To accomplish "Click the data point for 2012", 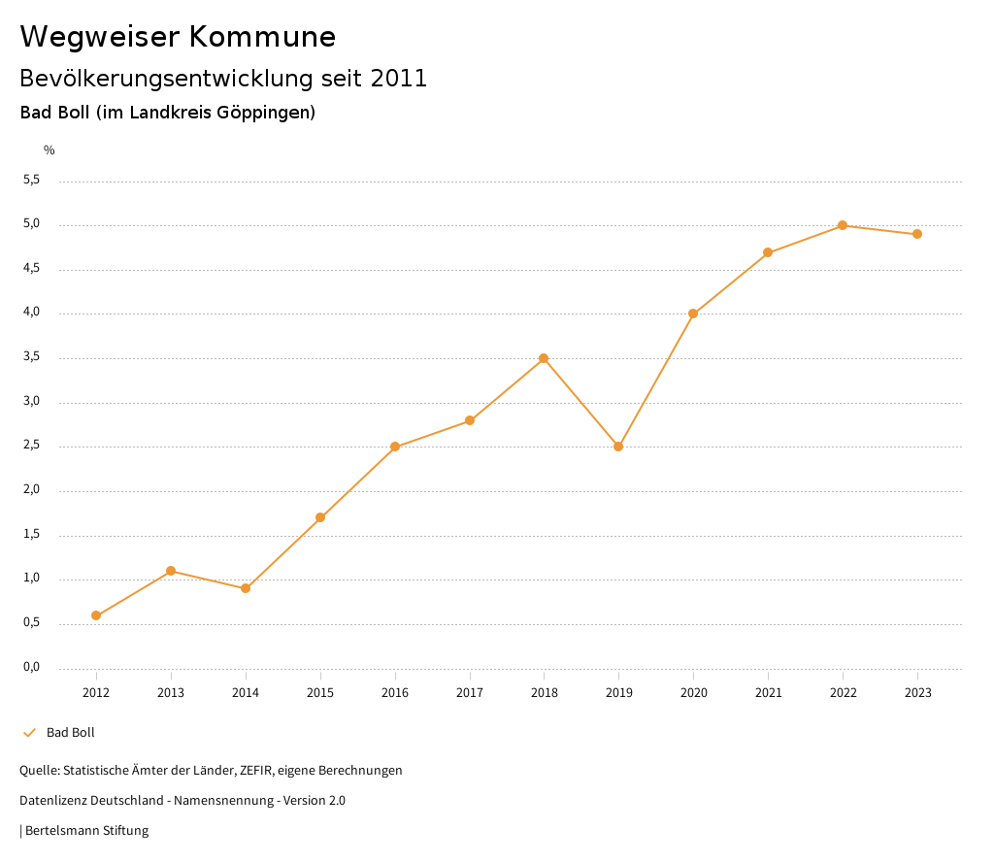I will tap(96, 615).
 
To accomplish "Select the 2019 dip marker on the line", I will tap(618, 447).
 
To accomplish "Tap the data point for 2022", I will tap(843, 225).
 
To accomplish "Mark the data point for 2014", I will tap(246, 588).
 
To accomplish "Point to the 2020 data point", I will tap(693, 314).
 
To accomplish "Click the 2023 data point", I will tap(917, 234).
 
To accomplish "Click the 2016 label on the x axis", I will tap(395, 692).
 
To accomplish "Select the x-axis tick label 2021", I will tap(768, 692).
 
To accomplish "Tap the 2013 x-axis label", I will tap(171, 692).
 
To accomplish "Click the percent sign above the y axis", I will tap(50, 149).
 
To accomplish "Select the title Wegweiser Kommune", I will tap(178, 37).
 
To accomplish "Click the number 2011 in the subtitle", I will tap(399, 79).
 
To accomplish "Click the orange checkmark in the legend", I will tap(29, 733).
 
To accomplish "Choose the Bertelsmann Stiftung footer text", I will tap(86, 831).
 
